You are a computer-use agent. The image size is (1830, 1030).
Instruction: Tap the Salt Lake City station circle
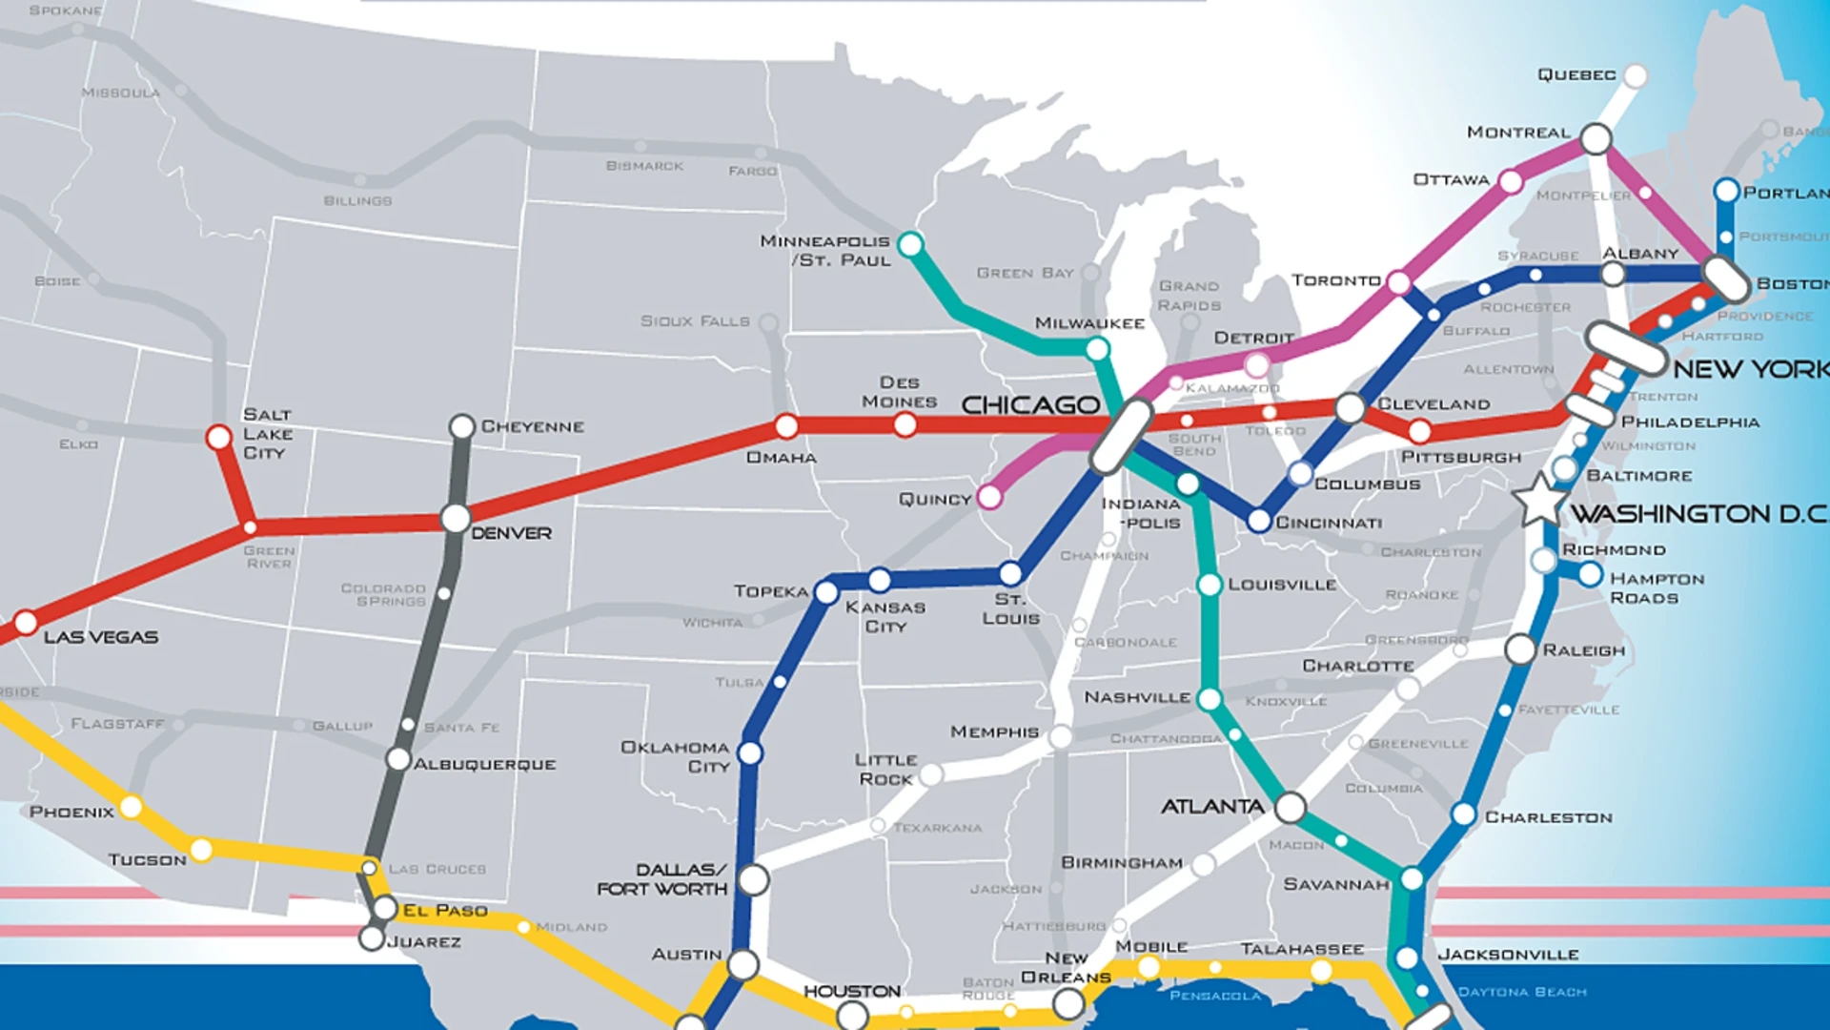219,438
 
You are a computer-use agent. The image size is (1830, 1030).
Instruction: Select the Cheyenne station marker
462,426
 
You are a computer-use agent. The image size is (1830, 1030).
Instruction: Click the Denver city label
511,533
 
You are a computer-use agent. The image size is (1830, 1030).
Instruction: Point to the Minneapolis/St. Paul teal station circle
910,244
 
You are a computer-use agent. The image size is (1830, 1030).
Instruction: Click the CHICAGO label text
1030,405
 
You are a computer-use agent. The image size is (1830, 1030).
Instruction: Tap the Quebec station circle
1636,75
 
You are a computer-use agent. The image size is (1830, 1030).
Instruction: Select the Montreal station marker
1596,138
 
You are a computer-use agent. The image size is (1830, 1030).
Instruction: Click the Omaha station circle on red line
786,426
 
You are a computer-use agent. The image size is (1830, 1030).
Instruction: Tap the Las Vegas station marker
26,623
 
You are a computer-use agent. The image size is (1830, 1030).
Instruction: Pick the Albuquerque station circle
398,759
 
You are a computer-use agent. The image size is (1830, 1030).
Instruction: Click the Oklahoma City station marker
750,753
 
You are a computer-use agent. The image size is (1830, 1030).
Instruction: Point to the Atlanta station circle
1290,808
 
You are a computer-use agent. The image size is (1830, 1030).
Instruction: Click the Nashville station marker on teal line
1210,699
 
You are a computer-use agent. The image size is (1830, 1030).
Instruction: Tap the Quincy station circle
989,497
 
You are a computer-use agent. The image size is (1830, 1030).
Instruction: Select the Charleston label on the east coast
1548,817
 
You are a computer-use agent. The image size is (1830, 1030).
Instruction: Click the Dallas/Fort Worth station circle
754,880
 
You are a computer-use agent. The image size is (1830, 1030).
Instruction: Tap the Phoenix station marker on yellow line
131,807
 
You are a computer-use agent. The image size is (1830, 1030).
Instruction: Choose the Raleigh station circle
1520,649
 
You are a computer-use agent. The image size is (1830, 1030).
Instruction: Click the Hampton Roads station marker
1590,574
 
